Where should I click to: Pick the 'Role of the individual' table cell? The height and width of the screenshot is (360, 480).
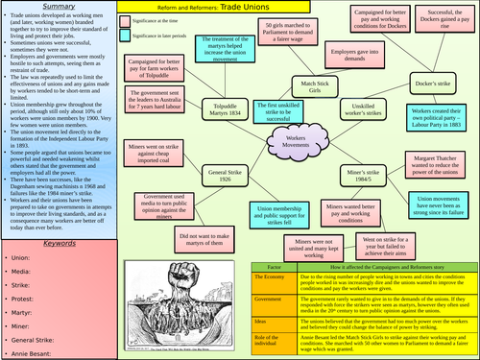click(276, 342)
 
